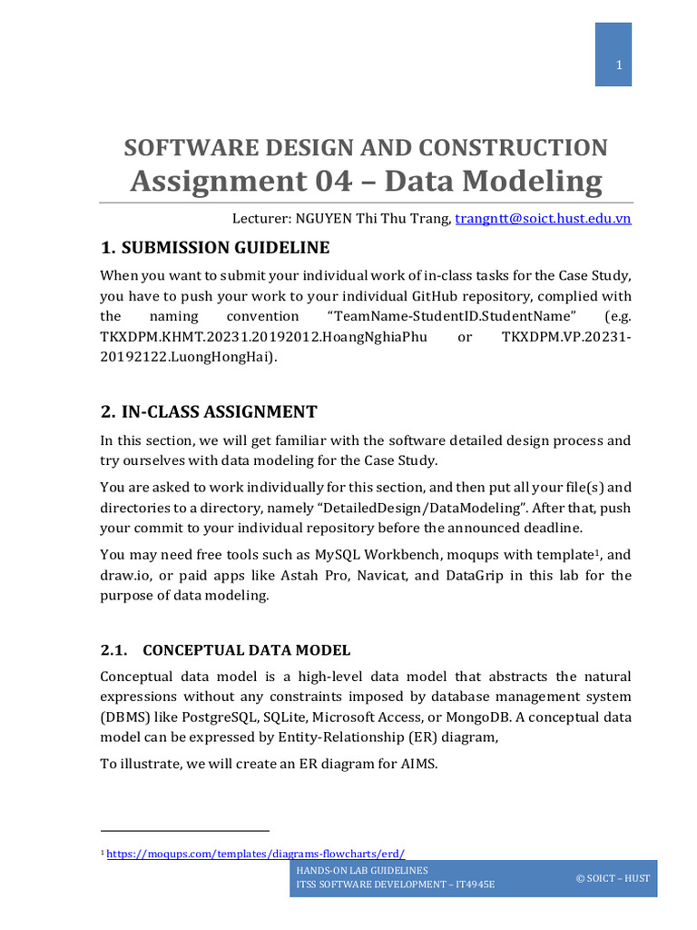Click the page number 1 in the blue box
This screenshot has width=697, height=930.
(619, 65)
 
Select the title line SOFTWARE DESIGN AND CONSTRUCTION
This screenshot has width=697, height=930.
(366, 148)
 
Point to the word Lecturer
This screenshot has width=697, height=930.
(261, 218)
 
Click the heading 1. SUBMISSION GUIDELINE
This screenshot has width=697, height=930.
(215, 248)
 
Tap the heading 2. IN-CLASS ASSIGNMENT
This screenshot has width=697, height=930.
(209, 411)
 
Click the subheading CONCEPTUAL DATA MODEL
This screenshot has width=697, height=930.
(247, 650)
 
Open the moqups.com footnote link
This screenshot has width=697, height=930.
(256, 854)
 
